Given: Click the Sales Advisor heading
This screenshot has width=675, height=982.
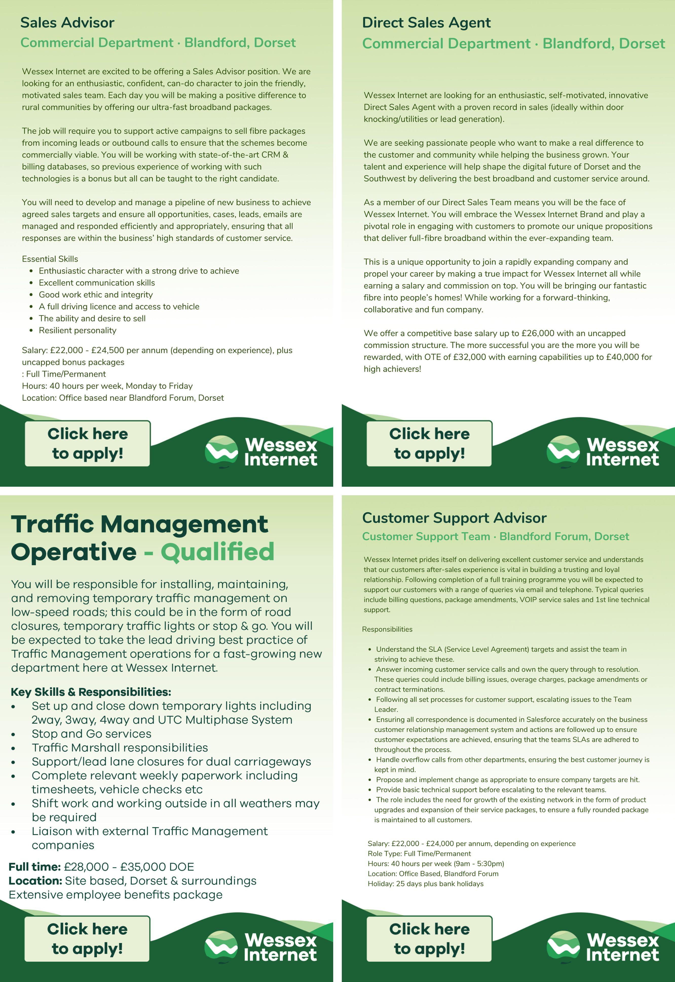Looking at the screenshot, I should pos(67,23).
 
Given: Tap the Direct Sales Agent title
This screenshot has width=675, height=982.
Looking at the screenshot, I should pos(426,23).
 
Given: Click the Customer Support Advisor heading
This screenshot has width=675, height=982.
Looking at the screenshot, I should pos(454,518).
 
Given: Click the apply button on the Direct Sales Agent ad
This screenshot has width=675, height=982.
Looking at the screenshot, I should pos(429,444).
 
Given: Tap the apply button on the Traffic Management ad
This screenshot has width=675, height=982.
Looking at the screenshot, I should pos(87,939).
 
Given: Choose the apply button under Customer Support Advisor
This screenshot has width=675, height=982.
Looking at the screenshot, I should pos(429,939).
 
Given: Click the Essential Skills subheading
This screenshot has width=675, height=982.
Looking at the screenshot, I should pos(50,259).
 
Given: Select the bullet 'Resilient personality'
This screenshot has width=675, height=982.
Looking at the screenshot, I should pos(77,331).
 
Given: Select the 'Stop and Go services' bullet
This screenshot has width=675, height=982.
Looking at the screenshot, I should pos(91,734).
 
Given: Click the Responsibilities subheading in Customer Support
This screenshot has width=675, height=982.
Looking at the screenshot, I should pos(387,629).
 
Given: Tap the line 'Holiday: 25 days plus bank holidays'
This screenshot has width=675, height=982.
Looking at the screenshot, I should pos(425,884).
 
